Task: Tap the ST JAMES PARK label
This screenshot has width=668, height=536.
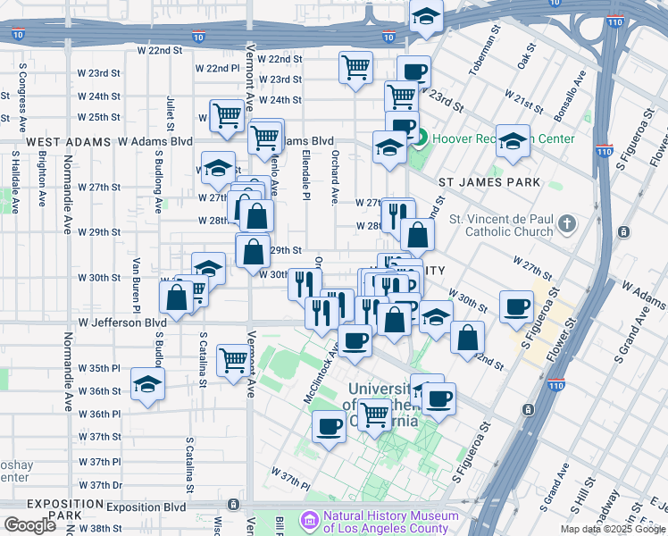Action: point(490,182)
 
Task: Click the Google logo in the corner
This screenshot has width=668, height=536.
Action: point(29,525)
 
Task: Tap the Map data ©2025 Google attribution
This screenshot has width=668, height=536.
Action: point(614,529)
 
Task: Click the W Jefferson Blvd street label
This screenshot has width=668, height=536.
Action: point(122,322)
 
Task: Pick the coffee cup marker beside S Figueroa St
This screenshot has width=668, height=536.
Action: point(516,307)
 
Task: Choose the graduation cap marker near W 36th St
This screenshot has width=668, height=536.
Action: point(147,385)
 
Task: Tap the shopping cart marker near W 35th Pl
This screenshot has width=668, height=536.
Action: point(233,360)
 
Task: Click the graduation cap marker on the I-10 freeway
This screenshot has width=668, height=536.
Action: point(427,15)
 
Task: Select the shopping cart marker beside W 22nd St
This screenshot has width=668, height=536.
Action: point(355,67)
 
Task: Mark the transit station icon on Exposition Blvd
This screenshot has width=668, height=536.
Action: point(234,506)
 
